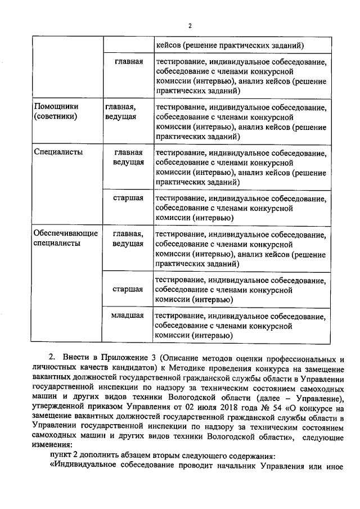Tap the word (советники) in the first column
[55, 116]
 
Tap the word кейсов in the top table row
[171, 45]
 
